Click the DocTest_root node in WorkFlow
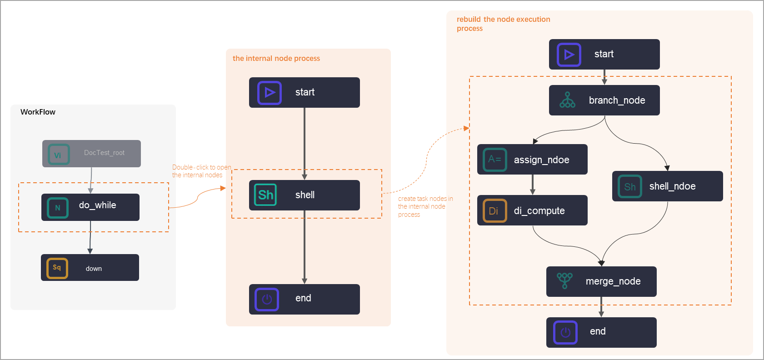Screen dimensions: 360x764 (x=91, y=154)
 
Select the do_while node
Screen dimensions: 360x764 (x=90, y=207)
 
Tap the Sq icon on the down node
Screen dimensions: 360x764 (x=57, y=268)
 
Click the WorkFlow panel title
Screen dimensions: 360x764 (x=38, y=112)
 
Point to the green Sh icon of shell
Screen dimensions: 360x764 (x=265, y=195)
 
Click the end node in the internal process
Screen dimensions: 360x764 (x=304, y=299)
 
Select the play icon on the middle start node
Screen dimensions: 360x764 (x=270, y=93)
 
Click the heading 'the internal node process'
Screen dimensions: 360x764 (x=276, y=58)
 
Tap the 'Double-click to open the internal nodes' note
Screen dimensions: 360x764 (x=200, y=171)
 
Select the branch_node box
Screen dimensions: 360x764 (x=604, y=100)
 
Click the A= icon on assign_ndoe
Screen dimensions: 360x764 (x=494, y=160)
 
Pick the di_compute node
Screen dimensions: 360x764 (x=532, y=210)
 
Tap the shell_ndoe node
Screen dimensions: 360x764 (x=667, y=186)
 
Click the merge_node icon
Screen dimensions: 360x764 (x=564, y=280)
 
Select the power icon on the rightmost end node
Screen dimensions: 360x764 (x=565, y=332)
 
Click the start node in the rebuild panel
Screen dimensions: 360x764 (x=604, y=54)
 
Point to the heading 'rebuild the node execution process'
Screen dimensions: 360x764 (x=503, y=24)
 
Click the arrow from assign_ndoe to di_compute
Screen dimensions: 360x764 (x=532, y=185)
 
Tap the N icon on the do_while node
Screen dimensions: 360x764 (x=58, y=208)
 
